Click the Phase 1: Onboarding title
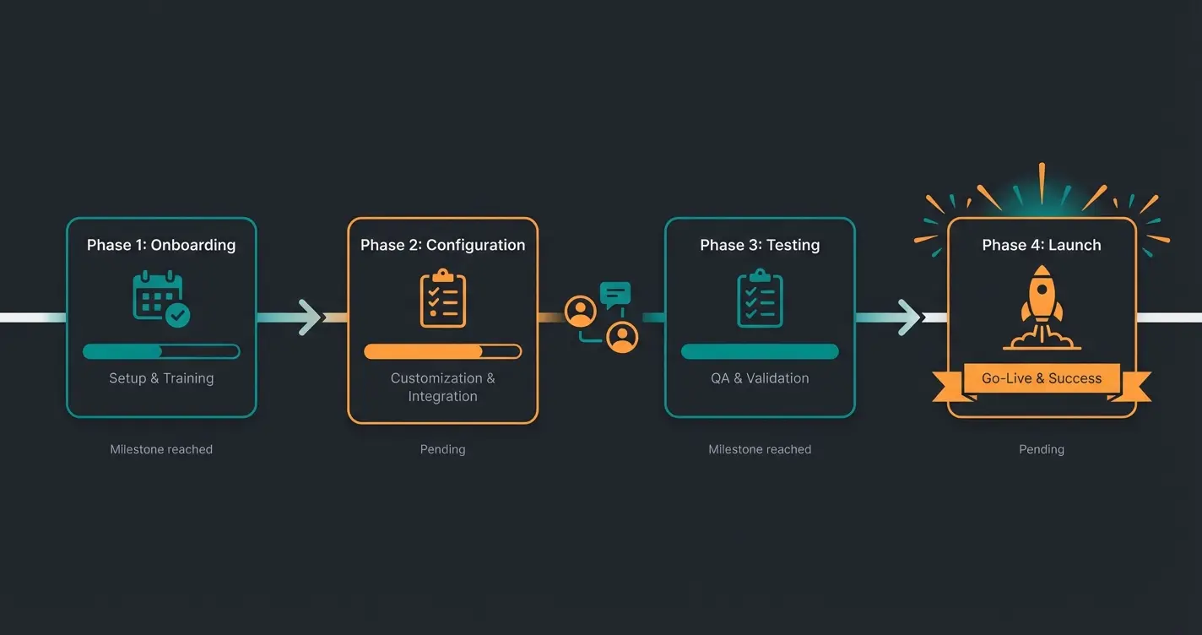[161, 245]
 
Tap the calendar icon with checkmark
[161, 298]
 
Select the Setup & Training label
[161, 378]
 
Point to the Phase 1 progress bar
[161, 351]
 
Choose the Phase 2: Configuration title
[442, 245]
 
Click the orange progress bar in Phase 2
[442, 351]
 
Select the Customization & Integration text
[442, 387]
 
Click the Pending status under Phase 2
[442, 449]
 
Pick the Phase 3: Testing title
[760, 245]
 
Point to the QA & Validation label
[760, 378]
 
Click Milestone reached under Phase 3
[760, 449]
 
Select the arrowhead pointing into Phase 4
[910, 317]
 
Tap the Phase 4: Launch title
[1042, 245]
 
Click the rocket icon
[1042, 307]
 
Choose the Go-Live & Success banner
[1042, 378]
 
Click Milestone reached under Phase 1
[161, 449]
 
